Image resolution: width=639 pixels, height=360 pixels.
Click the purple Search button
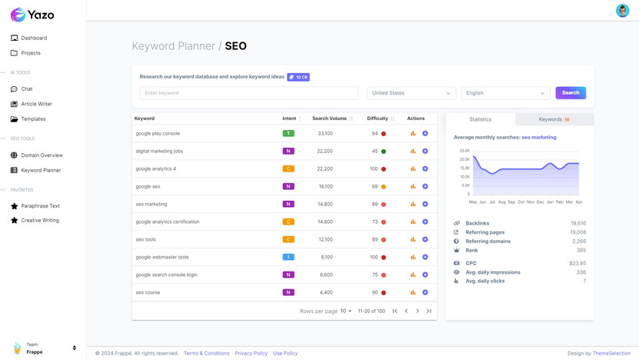pyautogui.click(x=571, y=93)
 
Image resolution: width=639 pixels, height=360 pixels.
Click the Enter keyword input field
pyautogui.click(x=248, y=93)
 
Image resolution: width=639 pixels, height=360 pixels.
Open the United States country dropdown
pyautogui.click(x=411, y=93)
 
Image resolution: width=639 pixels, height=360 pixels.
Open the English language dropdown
pyautogui.click(x=505, y=93)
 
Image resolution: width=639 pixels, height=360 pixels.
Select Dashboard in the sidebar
pyautogui.click(x=34, y=38)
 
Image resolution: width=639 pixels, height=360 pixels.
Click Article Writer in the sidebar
pyautogui.click(x=36, y=104)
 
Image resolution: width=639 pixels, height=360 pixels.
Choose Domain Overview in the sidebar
pyautogui.click(x=42, y=155)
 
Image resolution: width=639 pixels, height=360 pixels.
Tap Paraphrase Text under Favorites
pyautogui.click(x=40, y=206)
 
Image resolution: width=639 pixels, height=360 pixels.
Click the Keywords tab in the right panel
pyautogui.click(x=554, y=119)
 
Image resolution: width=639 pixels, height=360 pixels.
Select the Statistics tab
pyautogui.click(x=481, y=119)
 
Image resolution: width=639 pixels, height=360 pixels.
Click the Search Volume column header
pyautogui.click(x=329, y=118)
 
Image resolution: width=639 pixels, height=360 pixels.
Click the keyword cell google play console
pyautogui.click(x=158, y=134)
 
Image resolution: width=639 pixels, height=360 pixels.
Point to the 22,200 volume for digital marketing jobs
pyautogui.click(x=324, y=152)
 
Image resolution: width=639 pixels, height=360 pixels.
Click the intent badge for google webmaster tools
pyautogui.click(x=288, y=257)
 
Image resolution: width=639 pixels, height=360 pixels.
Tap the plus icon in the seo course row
pyautogui.click(x=425, y=292)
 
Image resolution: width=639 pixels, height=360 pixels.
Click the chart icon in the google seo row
pyautogui.click(x=413, y=187)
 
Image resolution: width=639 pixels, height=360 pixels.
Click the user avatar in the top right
pyautogui.click(x=622, y=10)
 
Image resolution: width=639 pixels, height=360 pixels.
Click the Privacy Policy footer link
pyautogui.click(x=251, y=353)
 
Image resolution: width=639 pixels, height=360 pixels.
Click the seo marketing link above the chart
pyautogui.click(x=538, y=138)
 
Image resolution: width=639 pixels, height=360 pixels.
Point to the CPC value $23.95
pyautogui.click(x=577, y=263)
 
